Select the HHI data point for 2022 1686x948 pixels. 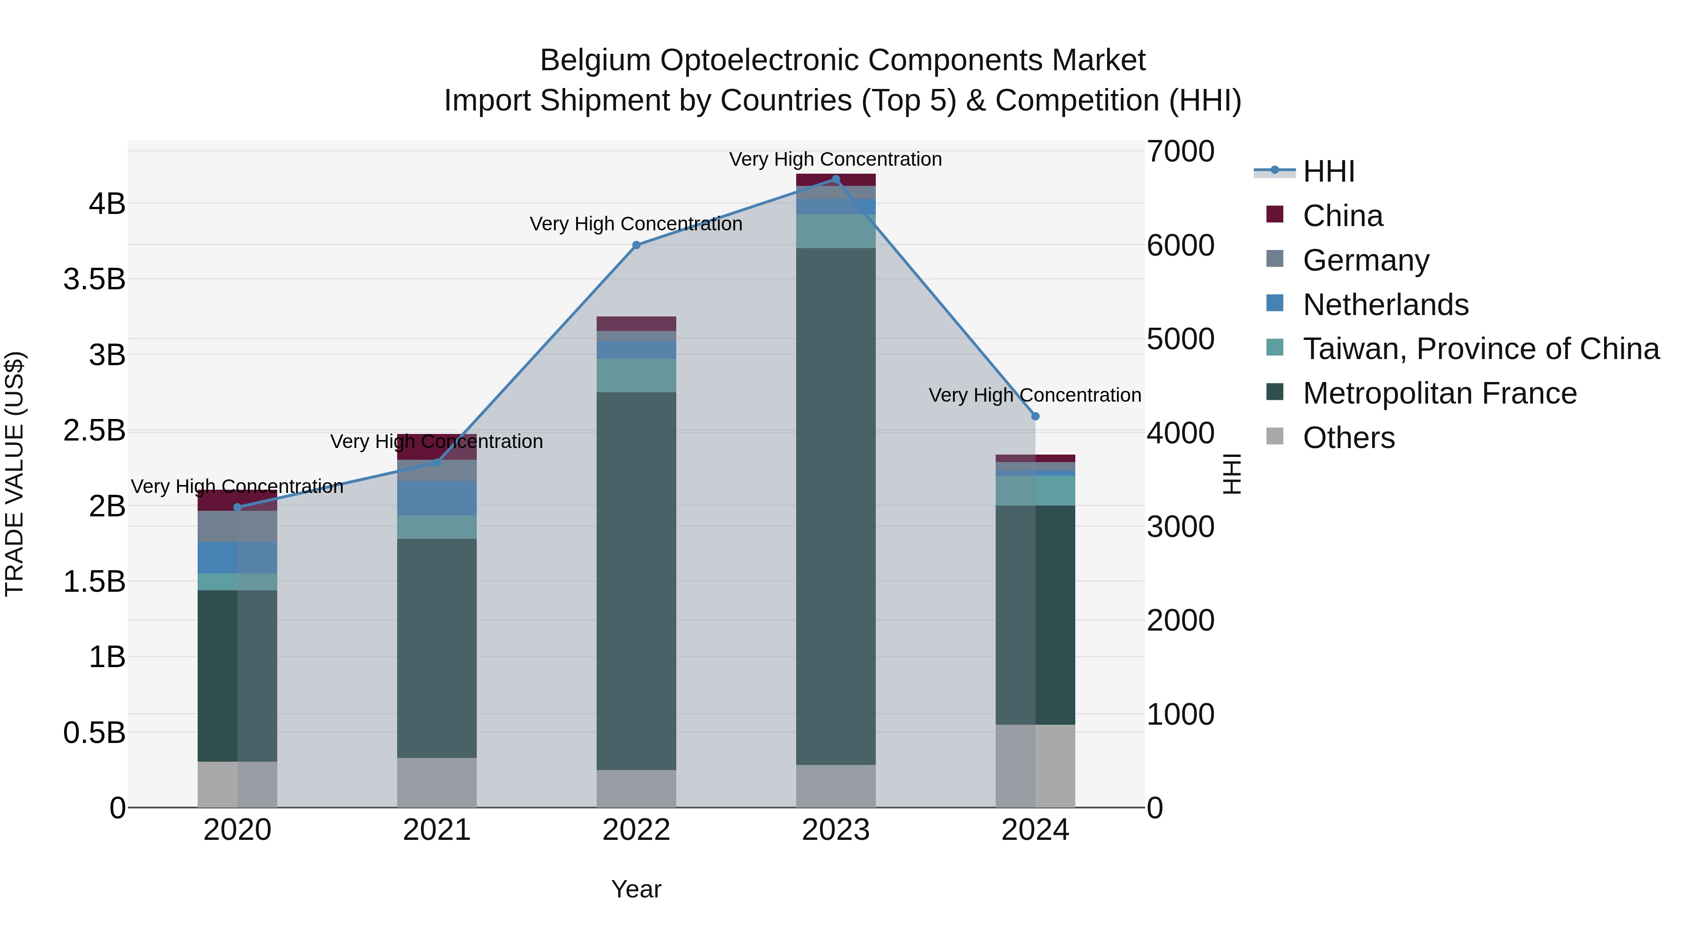click(636, 245)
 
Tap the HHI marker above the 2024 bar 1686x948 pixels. click(1035, 416)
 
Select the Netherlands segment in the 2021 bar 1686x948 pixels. click(436, 498)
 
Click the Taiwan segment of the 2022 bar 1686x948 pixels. click(636, 375)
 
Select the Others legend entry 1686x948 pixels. click(1348, 438)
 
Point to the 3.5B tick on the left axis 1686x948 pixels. click(94, 279)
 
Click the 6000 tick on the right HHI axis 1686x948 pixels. click(1180, 245)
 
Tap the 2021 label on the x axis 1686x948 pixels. click(436, 830)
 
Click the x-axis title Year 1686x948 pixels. click(636, 889)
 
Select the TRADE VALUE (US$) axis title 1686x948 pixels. click(15, 474)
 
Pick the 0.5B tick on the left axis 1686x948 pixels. click(94, 733)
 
